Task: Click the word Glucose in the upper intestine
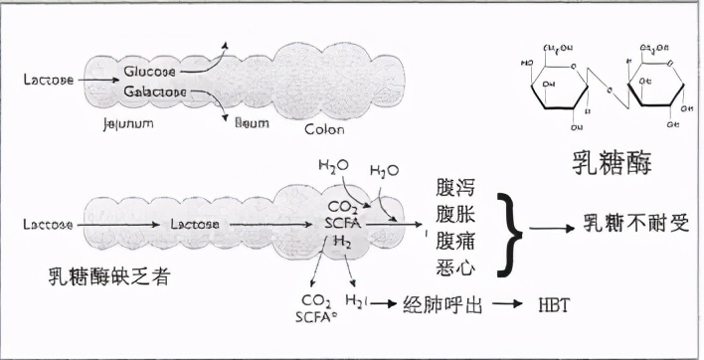[150, 71]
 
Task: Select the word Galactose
[156, 90]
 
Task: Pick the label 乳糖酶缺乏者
[107, 275]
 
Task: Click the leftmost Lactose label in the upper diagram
[48, 80]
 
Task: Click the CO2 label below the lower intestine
[315, 300]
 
